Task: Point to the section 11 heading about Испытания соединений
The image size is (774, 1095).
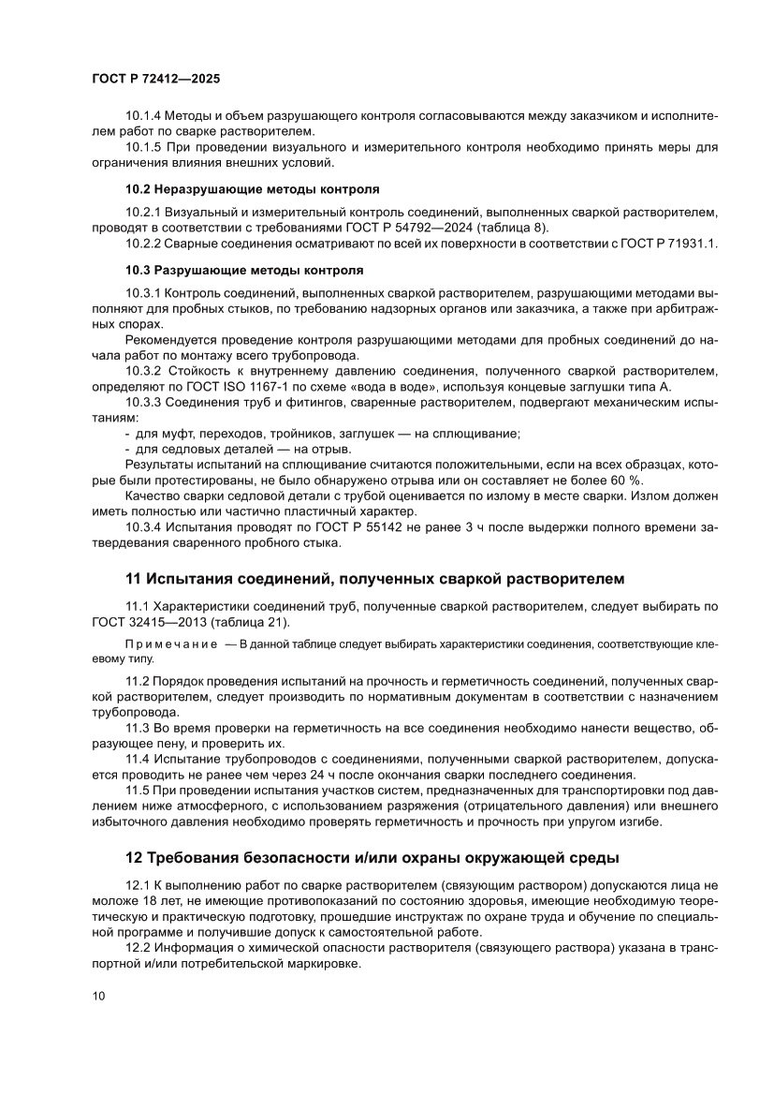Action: click(x=374, y=577)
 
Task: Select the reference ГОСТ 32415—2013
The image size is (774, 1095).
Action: click(x=142, y=623)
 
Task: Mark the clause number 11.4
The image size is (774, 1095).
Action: click(x=138, y=760)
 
